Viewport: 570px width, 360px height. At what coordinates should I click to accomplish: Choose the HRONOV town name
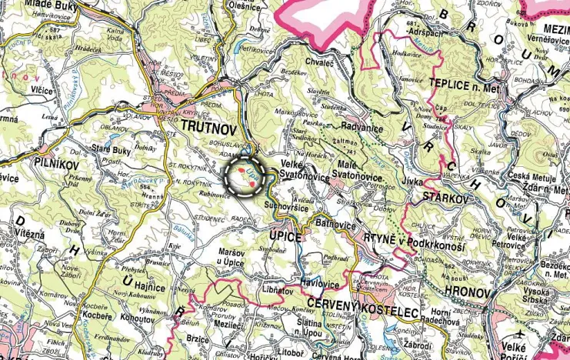point(466,293)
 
